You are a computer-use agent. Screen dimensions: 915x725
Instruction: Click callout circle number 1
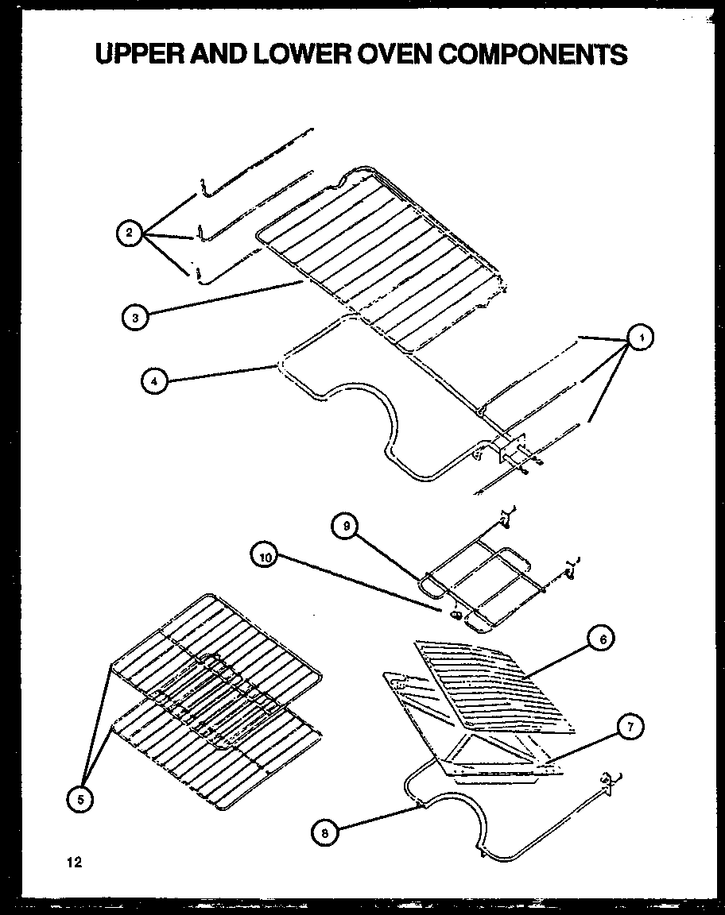(x=640, y=338)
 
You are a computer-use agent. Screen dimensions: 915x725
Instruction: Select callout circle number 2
(x=128, y=233)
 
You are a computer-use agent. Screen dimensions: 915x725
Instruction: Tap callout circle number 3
(x=135, y=318)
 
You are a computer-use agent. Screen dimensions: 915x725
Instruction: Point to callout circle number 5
(x=79, y=800)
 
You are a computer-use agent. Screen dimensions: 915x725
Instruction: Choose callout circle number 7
(x=630, y=726)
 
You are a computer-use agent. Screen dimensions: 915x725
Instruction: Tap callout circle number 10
(x=266, y=557)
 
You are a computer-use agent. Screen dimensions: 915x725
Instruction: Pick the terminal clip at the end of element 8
(x=611, y=782)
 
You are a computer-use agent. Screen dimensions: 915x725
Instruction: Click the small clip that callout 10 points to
(x=456, y=614)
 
